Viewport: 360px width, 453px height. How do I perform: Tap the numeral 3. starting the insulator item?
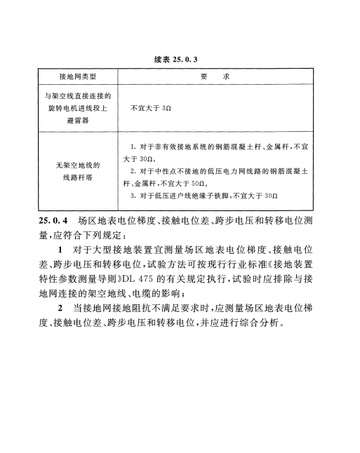(133, 195)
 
